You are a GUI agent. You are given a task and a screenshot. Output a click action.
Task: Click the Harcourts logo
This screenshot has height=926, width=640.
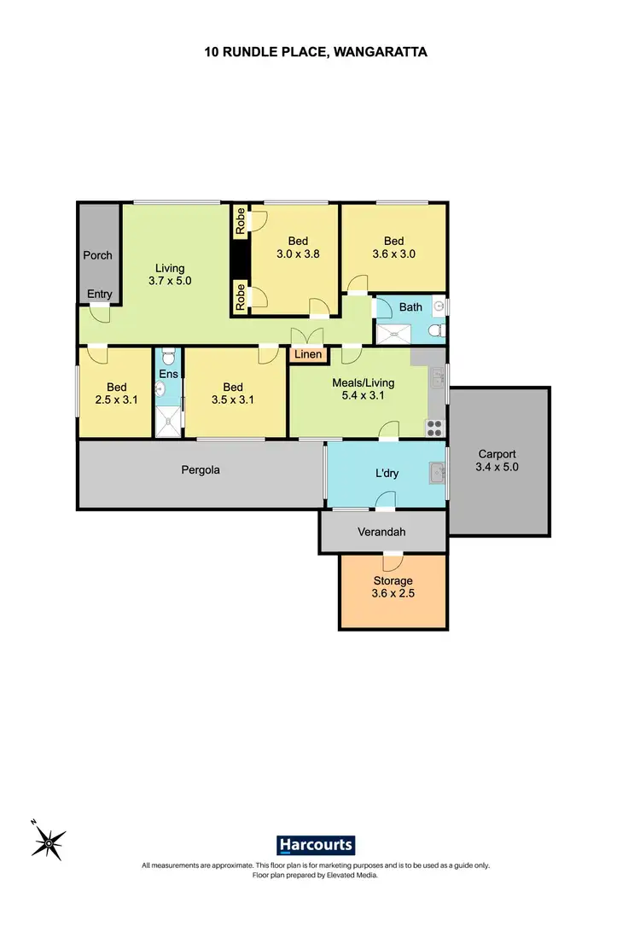(x=316, y=845)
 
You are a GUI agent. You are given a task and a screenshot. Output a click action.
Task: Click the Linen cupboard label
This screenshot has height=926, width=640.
(x=307, y=354)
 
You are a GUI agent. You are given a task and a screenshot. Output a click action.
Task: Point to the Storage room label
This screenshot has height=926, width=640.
(x=393, y=581)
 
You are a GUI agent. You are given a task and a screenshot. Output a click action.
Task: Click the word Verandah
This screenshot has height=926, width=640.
(x=382, y=532)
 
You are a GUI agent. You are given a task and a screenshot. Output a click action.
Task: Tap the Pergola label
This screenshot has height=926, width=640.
(x=201, y=469)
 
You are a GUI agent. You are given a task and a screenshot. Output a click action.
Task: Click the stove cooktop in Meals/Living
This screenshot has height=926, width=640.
(x=433, y=425)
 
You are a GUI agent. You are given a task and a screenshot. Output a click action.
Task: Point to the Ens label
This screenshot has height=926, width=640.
(x=168, y=373)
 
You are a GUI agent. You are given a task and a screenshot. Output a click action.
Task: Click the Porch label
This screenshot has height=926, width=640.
(x=97, y=255)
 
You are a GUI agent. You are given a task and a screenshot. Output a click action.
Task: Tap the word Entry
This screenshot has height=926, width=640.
(x=100, y=294)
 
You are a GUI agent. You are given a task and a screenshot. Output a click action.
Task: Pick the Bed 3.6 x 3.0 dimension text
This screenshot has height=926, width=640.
(x=393, y=253)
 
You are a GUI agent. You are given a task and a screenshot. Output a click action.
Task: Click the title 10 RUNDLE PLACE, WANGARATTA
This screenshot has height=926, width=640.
(x=316, y=52)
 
